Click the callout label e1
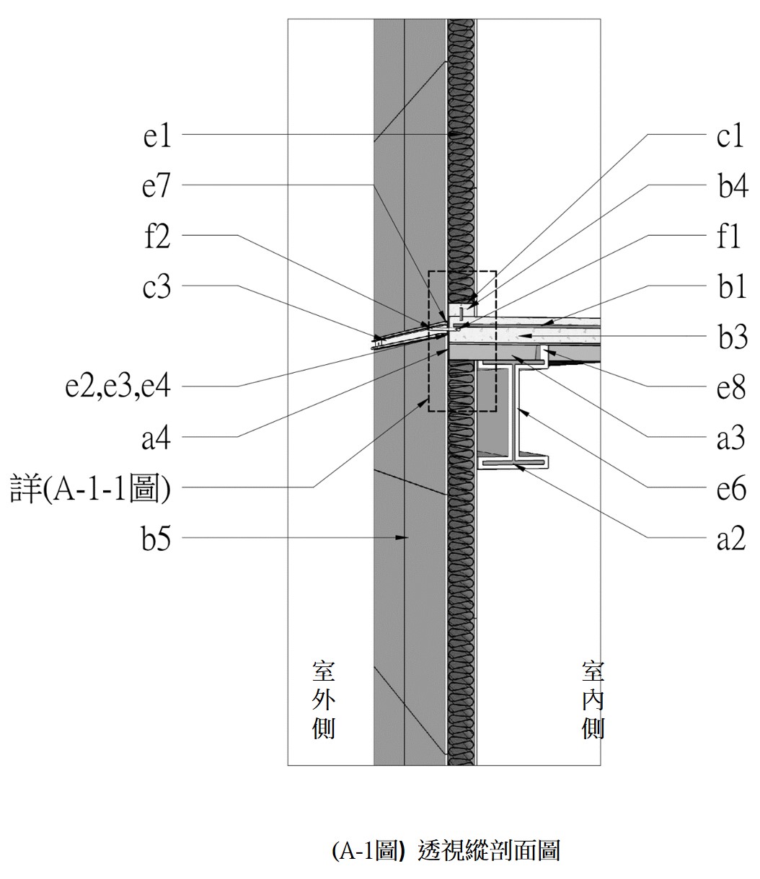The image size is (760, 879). (157, 136)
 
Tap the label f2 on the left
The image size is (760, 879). (157, 237)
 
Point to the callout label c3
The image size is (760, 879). (156, 286)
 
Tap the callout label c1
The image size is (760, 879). (730, 136)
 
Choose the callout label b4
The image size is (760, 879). (733, 186)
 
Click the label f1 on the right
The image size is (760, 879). (729, 237)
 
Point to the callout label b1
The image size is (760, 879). (732, 286)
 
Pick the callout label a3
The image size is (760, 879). (730, 438)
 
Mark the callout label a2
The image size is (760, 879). (731, 539)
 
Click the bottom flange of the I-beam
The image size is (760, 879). (513, 463)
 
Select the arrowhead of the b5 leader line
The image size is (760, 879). (402, 537)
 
